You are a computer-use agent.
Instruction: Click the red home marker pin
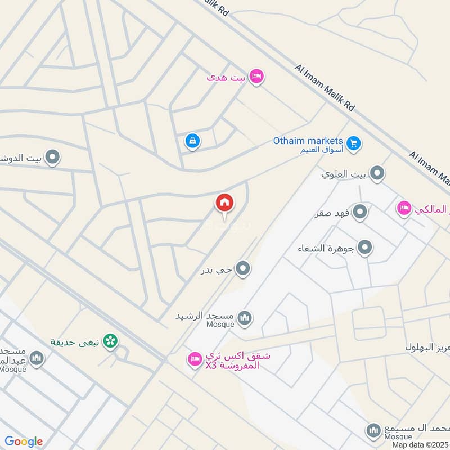pyautogui.click(x=224, y=202)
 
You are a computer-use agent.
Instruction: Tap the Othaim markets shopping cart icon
pyautogui.click(x=353, y=143)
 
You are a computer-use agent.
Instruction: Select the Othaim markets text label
pyautogui.click(x=308, y=141)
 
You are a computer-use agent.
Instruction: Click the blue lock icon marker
pyautogui.click(x=192, y=141)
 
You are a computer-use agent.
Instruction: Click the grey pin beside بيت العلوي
pyautogui.click(x=377, y=173)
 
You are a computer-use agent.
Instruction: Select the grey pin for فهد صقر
pyautogui.click(x=360, y=212)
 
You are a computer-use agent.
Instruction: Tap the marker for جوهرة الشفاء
pyautogui.click(x=365, y=247)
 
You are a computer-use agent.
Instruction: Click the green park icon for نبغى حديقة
pyautogui.click(x=111, y=340)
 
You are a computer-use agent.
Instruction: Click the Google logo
pyautogui.click(x=24, y=442)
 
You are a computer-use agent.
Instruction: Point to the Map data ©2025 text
pyautogui.click(x=419, y=444)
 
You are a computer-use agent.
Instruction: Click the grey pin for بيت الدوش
pyautogui.click(x=52, y=157)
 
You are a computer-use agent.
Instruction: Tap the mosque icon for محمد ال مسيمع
pyautogui.click(x=373, y=430)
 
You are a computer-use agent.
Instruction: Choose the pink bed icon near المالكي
pyautogui.click(x=403, y=209)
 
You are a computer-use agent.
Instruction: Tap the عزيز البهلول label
pyautogui.click(x=427, y=348)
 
